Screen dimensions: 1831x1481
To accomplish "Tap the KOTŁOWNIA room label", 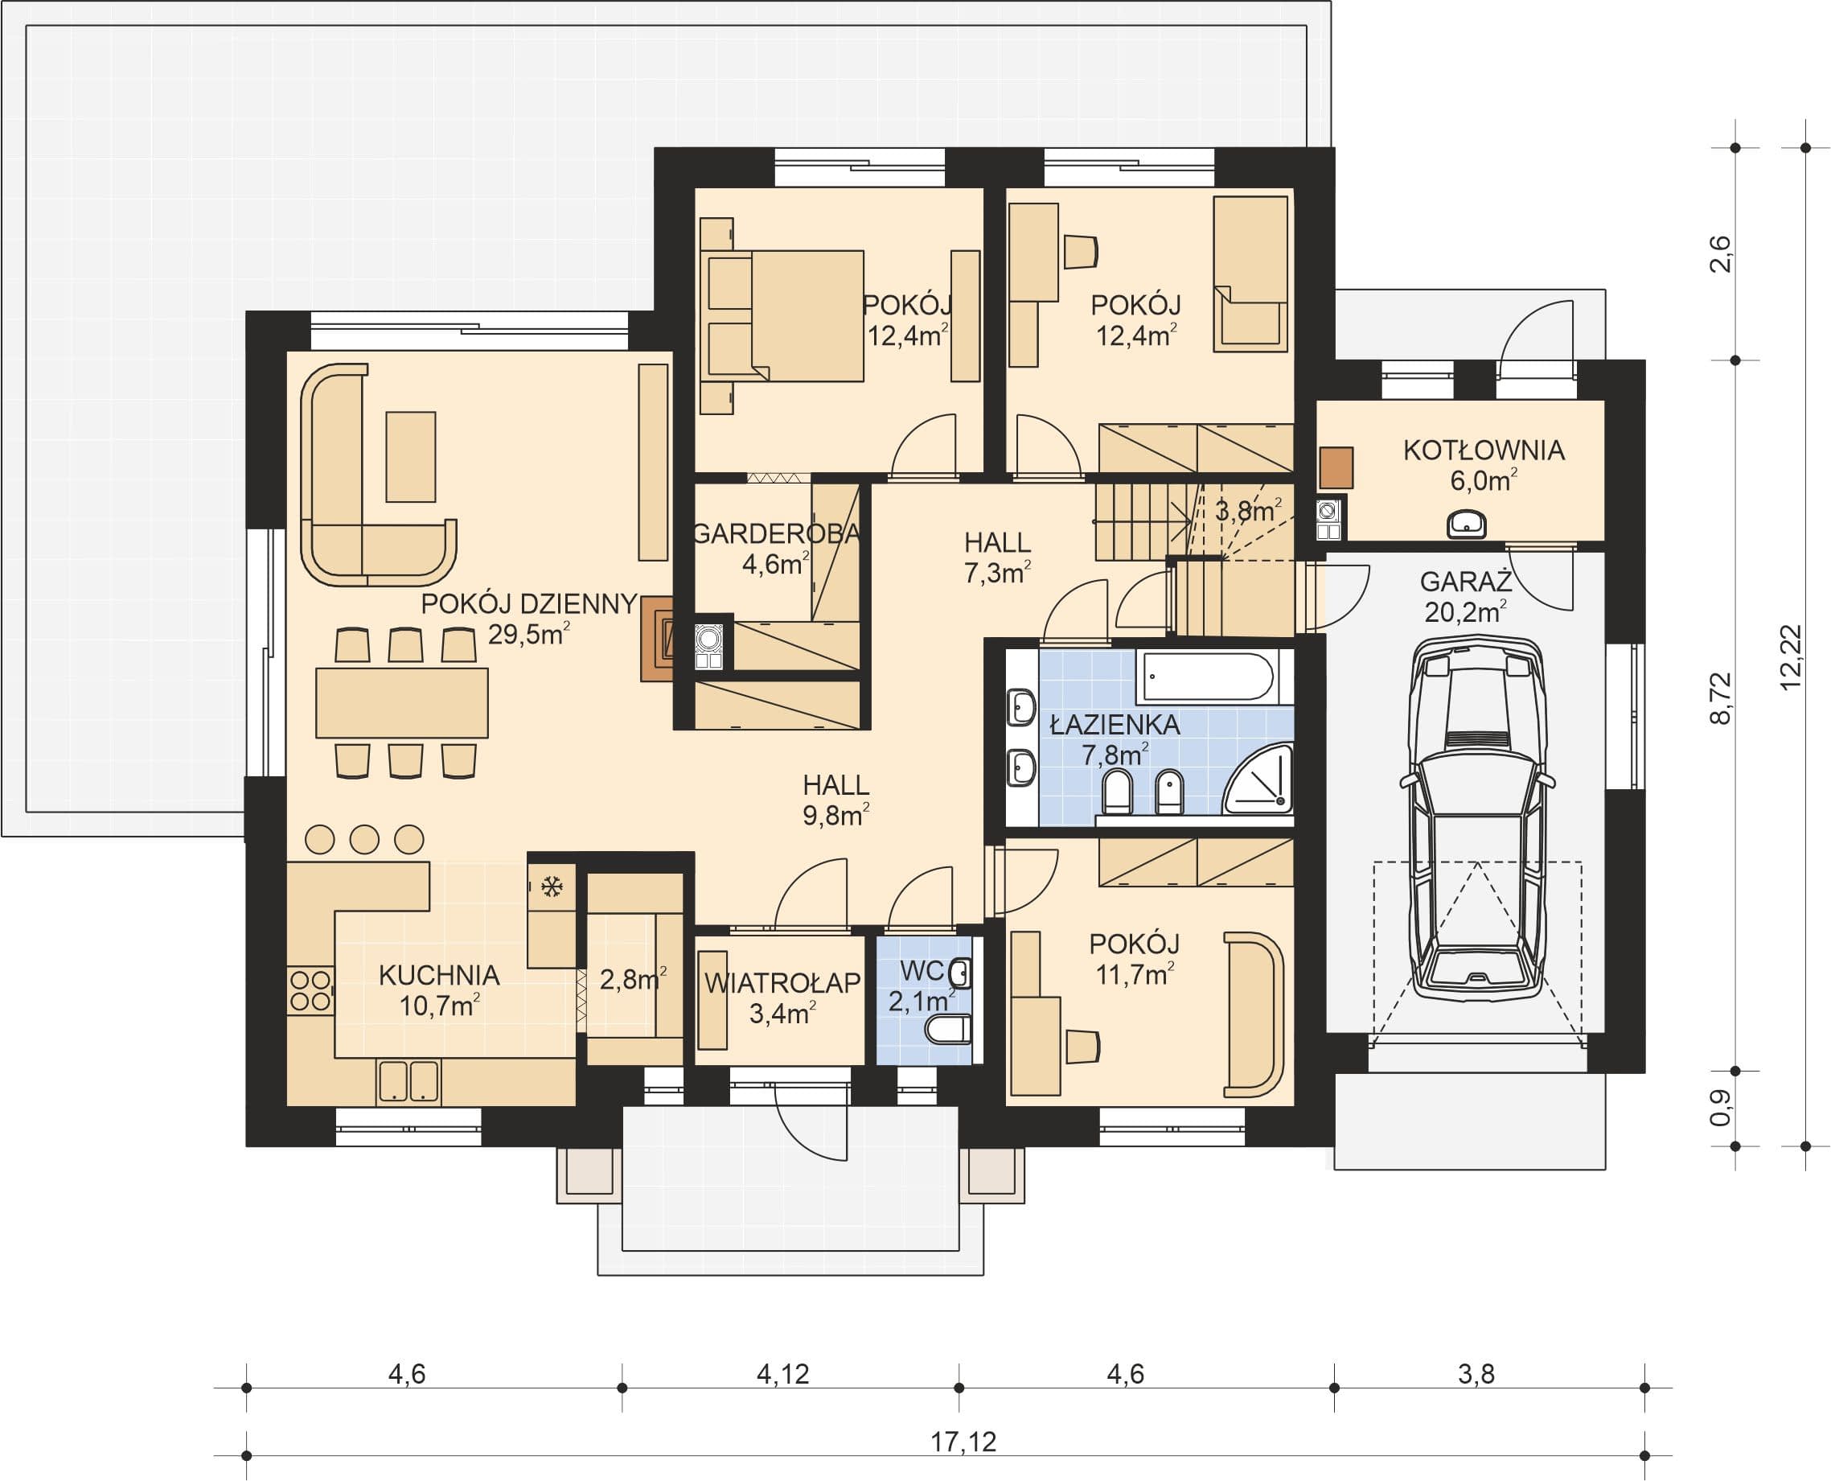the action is tap(1484, 450).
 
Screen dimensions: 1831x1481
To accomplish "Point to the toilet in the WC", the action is tap(948, 1031).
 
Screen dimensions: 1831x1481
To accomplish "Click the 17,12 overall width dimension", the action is tap(963, 1441).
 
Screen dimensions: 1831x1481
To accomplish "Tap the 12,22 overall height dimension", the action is tap(1791, 657).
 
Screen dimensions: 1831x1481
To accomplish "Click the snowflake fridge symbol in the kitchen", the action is tap(552, 887).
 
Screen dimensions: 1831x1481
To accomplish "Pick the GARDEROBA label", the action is tap(776, 534).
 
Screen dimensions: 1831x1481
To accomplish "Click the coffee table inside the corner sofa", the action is tap(410, 456).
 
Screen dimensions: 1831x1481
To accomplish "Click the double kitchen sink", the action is tap(408, 1081).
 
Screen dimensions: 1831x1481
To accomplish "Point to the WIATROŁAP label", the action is tap(782, 983).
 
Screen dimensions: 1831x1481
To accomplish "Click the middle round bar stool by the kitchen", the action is tap(364, 840).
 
